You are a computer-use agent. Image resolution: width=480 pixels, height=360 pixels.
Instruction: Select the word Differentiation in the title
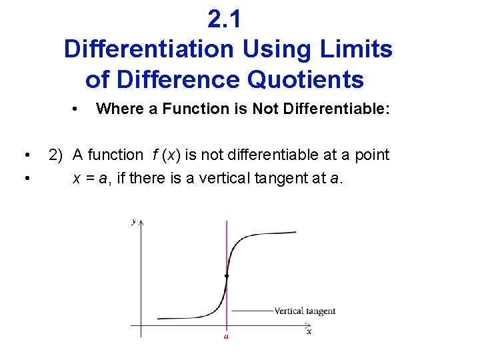click(x=149, y=49)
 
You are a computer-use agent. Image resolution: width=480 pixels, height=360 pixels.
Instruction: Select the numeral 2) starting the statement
click(x=56, y=155)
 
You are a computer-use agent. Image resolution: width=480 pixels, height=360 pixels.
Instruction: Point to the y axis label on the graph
click(x=134, y=221)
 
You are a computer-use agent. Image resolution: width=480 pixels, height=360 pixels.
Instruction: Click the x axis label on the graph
click(x=309, y=331)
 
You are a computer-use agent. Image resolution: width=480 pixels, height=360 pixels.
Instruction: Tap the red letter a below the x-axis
click(x=227, y=337)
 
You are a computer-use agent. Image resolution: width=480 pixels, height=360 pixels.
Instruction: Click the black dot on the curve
click(x=227, y=275)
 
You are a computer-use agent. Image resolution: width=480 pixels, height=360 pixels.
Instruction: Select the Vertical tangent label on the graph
click(x=305, y=311)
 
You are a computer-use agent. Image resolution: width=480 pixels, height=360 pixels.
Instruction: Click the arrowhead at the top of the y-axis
click(x=141, y=221)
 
